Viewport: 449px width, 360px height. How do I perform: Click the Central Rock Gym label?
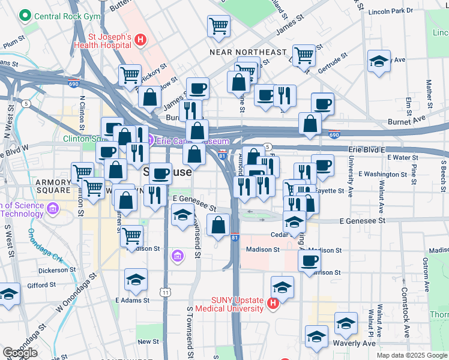tap(60, 14)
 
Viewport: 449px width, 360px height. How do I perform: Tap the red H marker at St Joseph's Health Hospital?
tap(140, 40)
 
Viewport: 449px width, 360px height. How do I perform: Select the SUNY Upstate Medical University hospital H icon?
tap(273, 304)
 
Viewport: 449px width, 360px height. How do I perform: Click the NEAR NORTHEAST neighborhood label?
tap(248, 52)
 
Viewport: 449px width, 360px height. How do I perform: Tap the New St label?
tap(148, 341)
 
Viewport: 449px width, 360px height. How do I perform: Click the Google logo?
tap(20, 353)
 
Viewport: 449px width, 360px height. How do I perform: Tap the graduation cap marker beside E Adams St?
tap(136, 279)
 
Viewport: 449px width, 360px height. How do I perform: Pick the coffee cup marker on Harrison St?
tap(309, 260)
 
